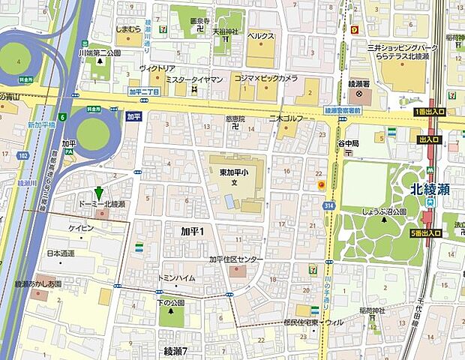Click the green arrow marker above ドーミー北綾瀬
pyautogui.click(x=98, y=193)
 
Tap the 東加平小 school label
pyautogui.click(x=233, y=172)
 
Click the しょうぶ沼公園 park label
pyautogui.click(x=384, y=211)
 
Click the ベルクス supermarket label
pyautogui.click(x=261, y=35)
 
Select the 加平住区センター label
pyautogui.click(x=235, y=259)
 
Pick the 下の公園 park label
pyautogui.click(x=170, y=302)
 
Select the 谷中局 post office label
pyautogui.click(x=349, y=142)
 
